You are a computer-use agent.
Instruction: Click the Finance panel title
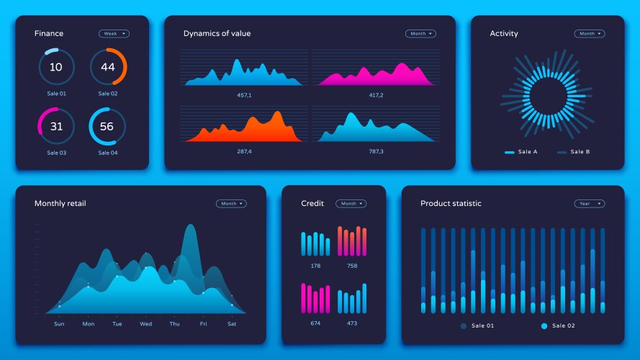coord(49,34)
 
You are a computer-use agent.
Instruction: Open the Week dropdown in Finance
coord(114,33)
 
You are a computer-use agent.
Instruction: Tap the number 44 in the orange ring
coord(108,67)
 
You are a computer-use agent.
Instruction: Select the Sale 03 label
coord(56,153)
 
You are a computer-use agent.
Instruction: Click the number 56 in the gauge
coord(107,127)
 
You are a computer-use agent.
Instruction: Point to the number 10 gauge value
coord(56,67)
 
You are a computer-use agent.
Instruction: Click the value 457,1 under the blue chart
coord(244,95)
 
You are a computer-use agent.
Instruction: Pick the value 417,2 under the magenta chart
coord(376,95)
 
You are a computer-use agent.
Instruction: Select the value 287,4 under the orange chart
coord(244,151)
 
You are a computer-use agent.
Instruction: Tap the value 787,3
coord(376,151)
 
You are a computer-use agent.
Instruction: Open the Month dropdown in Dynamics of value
coord(420,34)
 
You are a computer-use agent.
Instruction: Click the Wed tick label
coord(145,324)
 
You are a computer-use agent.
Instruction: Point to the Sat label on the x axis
coord(232,324)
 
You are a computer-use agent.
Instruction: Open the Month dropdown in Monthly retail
coord(231,204)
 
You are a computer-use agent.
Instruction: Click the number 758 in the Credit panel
coord(352,266)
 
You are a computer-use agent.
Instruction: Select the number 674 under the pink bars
coord(315,323)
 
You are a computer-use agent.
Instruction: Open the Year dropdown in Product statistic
coord(589,204)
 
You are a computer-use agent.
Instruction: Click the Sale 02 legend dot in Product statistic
coord(544,326)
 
